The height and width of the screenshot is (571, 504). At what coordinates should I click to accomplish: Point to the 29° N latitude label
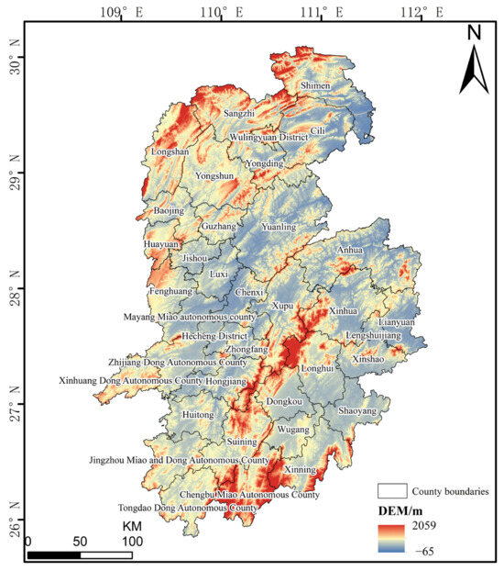pyautogui.click(x=13, y=173)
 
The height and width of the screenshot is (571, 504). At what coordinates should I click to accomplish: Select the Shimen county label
pyautogui.click(x=315, y=86)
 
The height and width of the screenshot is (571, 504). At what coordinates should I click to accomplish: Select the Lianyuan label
pyautogui.click(x=396, y=323)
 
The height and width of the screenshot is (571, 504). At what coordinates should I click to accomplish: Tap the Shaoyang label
pyautogui.click(x=357, y=411)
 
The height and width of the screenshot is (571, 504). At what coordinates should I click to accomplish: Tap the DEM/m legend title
pyautogui.click(x=401, y=510)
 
